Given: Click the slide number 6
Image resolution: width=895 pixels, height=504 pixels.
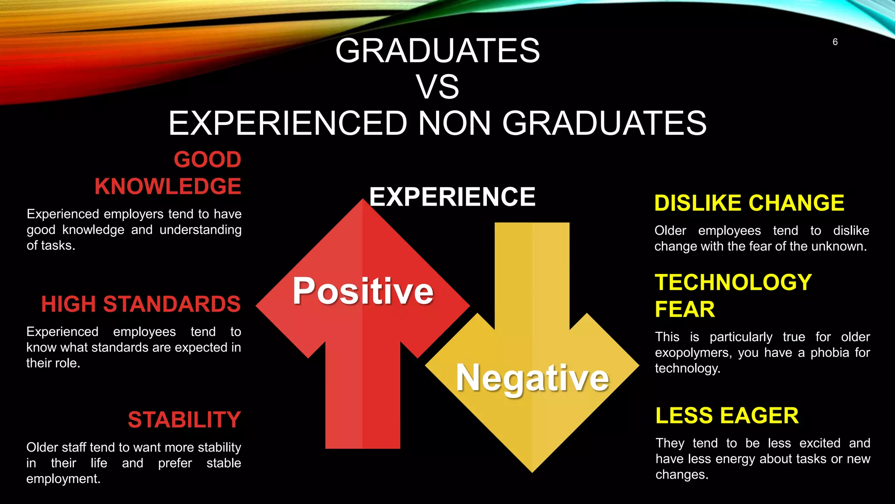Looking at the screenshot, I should point(835,42).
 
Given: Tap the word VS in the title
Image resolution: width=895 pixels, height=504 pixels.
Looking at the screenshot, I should point(437,87).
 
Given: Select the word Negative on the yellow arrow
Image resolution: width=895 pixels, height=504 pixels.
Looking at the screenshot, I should point(532,378).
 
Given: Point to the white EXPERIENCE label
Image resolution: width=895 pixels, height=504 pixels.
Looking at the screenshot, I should point(452,196).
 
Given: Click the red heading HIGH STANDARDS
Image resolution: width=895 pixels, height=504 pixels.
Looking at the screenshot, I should point(141,304).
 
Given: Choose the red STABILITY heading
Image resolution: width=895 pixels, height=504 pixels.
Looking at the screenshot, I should point(184,420).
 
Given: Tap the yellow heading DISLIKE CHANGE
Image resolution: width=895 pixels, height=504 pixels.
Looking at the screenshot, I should point(749,203).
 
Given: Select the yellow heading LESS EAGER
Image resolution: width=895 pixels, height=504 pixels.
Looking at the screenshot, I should point(727,416).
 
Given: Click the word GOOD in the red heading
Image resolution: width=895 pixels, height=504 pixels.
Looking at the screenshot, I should point(208,159).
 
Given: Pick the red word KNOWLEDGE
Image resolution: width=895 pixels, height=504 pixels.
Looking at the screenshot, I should point(168,186).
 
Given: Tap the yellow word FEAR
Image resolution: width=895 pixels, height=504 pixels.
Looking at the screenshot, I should point(685,309).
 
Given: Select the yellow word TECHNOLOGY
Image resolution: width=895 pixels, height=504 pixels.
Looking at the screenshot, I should point(733,282).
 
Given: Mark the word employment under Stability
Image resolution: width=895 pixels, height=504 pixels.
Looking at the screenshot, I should point(63,479).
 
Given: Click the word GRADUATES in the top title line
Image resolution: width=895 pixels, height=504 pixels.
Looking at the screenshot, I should point(437,51).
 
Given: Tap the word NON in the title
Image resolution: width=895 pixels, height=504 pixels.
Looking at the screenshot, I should point(454,123).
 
